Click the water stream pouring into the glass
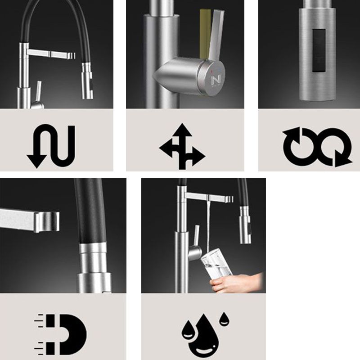click(209, 225)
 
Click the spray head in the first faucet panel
click(86, 79)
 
